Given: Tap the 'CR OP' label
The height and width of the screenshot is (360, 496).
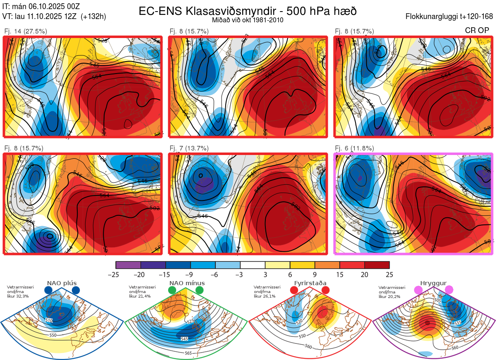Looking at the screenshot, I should [477, 31].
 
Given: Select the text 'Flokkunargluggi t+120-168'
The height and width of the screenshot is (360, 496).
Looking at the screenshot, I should [449, 17].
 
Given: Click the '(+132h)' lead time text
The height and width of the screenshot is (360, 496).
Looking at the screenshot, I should [93, 17].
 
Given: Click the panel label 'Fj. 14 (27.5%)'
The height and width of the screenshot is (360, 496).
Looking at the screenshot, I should [26, 31].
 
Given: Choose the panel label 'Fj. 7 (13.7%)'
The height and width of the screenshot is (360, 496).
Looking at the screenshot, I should [189, 148].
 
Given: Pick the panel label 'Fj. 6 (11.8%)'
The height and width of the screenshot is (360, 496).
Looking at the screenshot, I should [354, 148].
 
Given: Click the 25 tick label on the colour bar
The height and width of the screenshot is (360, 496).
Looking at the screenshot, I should [389, 274].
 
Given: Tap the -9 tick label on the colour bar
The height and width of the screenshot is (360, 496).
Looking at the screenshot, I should [191, 274].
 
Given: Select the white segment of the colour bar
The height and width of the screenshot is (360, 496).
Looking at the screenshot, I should [253, 265].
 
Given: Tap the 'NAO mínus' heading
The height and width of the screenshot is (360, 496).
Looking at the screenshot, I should [187, 283].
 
